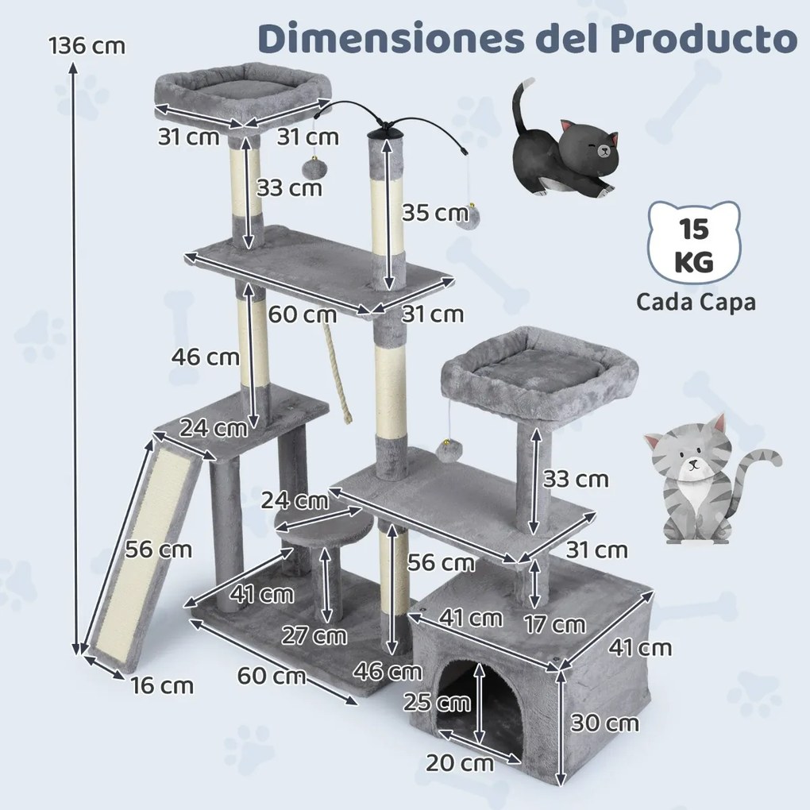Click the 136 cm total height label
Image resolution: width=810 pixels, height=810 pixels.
87,45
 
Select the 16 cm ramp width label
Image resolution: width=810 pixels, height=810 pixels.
162,685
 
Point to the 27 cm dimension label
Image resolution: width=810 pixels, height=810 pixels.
314,635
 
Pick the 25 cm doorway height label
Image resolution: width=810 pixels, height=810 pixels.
436,702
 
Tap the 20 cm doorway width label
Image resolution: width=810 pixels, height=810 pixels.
461,763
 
